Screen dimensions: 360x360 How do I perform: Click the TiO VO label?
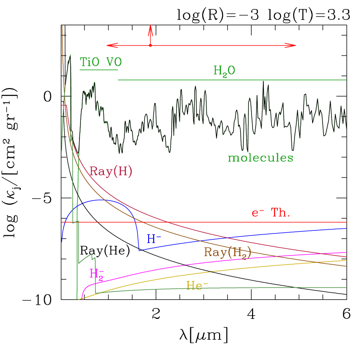pos(100,62)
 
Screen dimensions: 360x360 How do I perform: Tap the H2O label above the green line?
pos(224,70)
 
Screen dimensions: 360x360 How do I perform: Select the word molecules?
pos(260,158)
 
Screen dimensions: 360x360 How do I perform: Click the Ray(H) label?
pos(111,171)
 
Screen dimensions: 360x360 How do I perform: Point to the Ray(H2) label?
pos(227,252)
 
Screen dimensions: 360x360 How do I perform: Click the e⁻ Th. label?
pos(271,213)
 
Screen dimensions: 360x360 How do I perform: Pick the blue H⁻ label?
pos(154,238)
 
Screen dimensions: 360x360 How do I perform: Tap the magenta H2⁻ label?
pos(97,274)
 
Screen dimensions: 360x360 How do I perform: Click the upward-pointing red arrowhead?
pos(150,28)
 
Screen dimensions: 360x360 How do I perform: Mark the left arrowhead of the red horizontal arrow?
pos(109,45)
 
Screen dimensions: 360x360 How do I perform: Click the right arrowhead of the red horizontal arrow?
pos(293,45)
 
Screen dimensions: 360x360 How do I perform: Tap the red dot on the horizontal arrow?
pos(150,45)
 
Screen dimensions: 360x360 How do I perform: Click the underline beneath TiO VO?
pos(99,70)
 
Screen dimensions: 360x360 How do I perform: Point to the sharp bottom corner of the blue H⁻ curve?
pos(139,250)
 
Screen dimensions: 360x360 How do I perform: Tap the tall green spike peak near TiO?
pos(70,56)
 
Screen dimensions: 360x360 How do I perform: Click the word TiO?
pos(90,62)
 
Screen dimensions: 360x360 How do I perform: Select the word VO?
pos(113,62)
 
